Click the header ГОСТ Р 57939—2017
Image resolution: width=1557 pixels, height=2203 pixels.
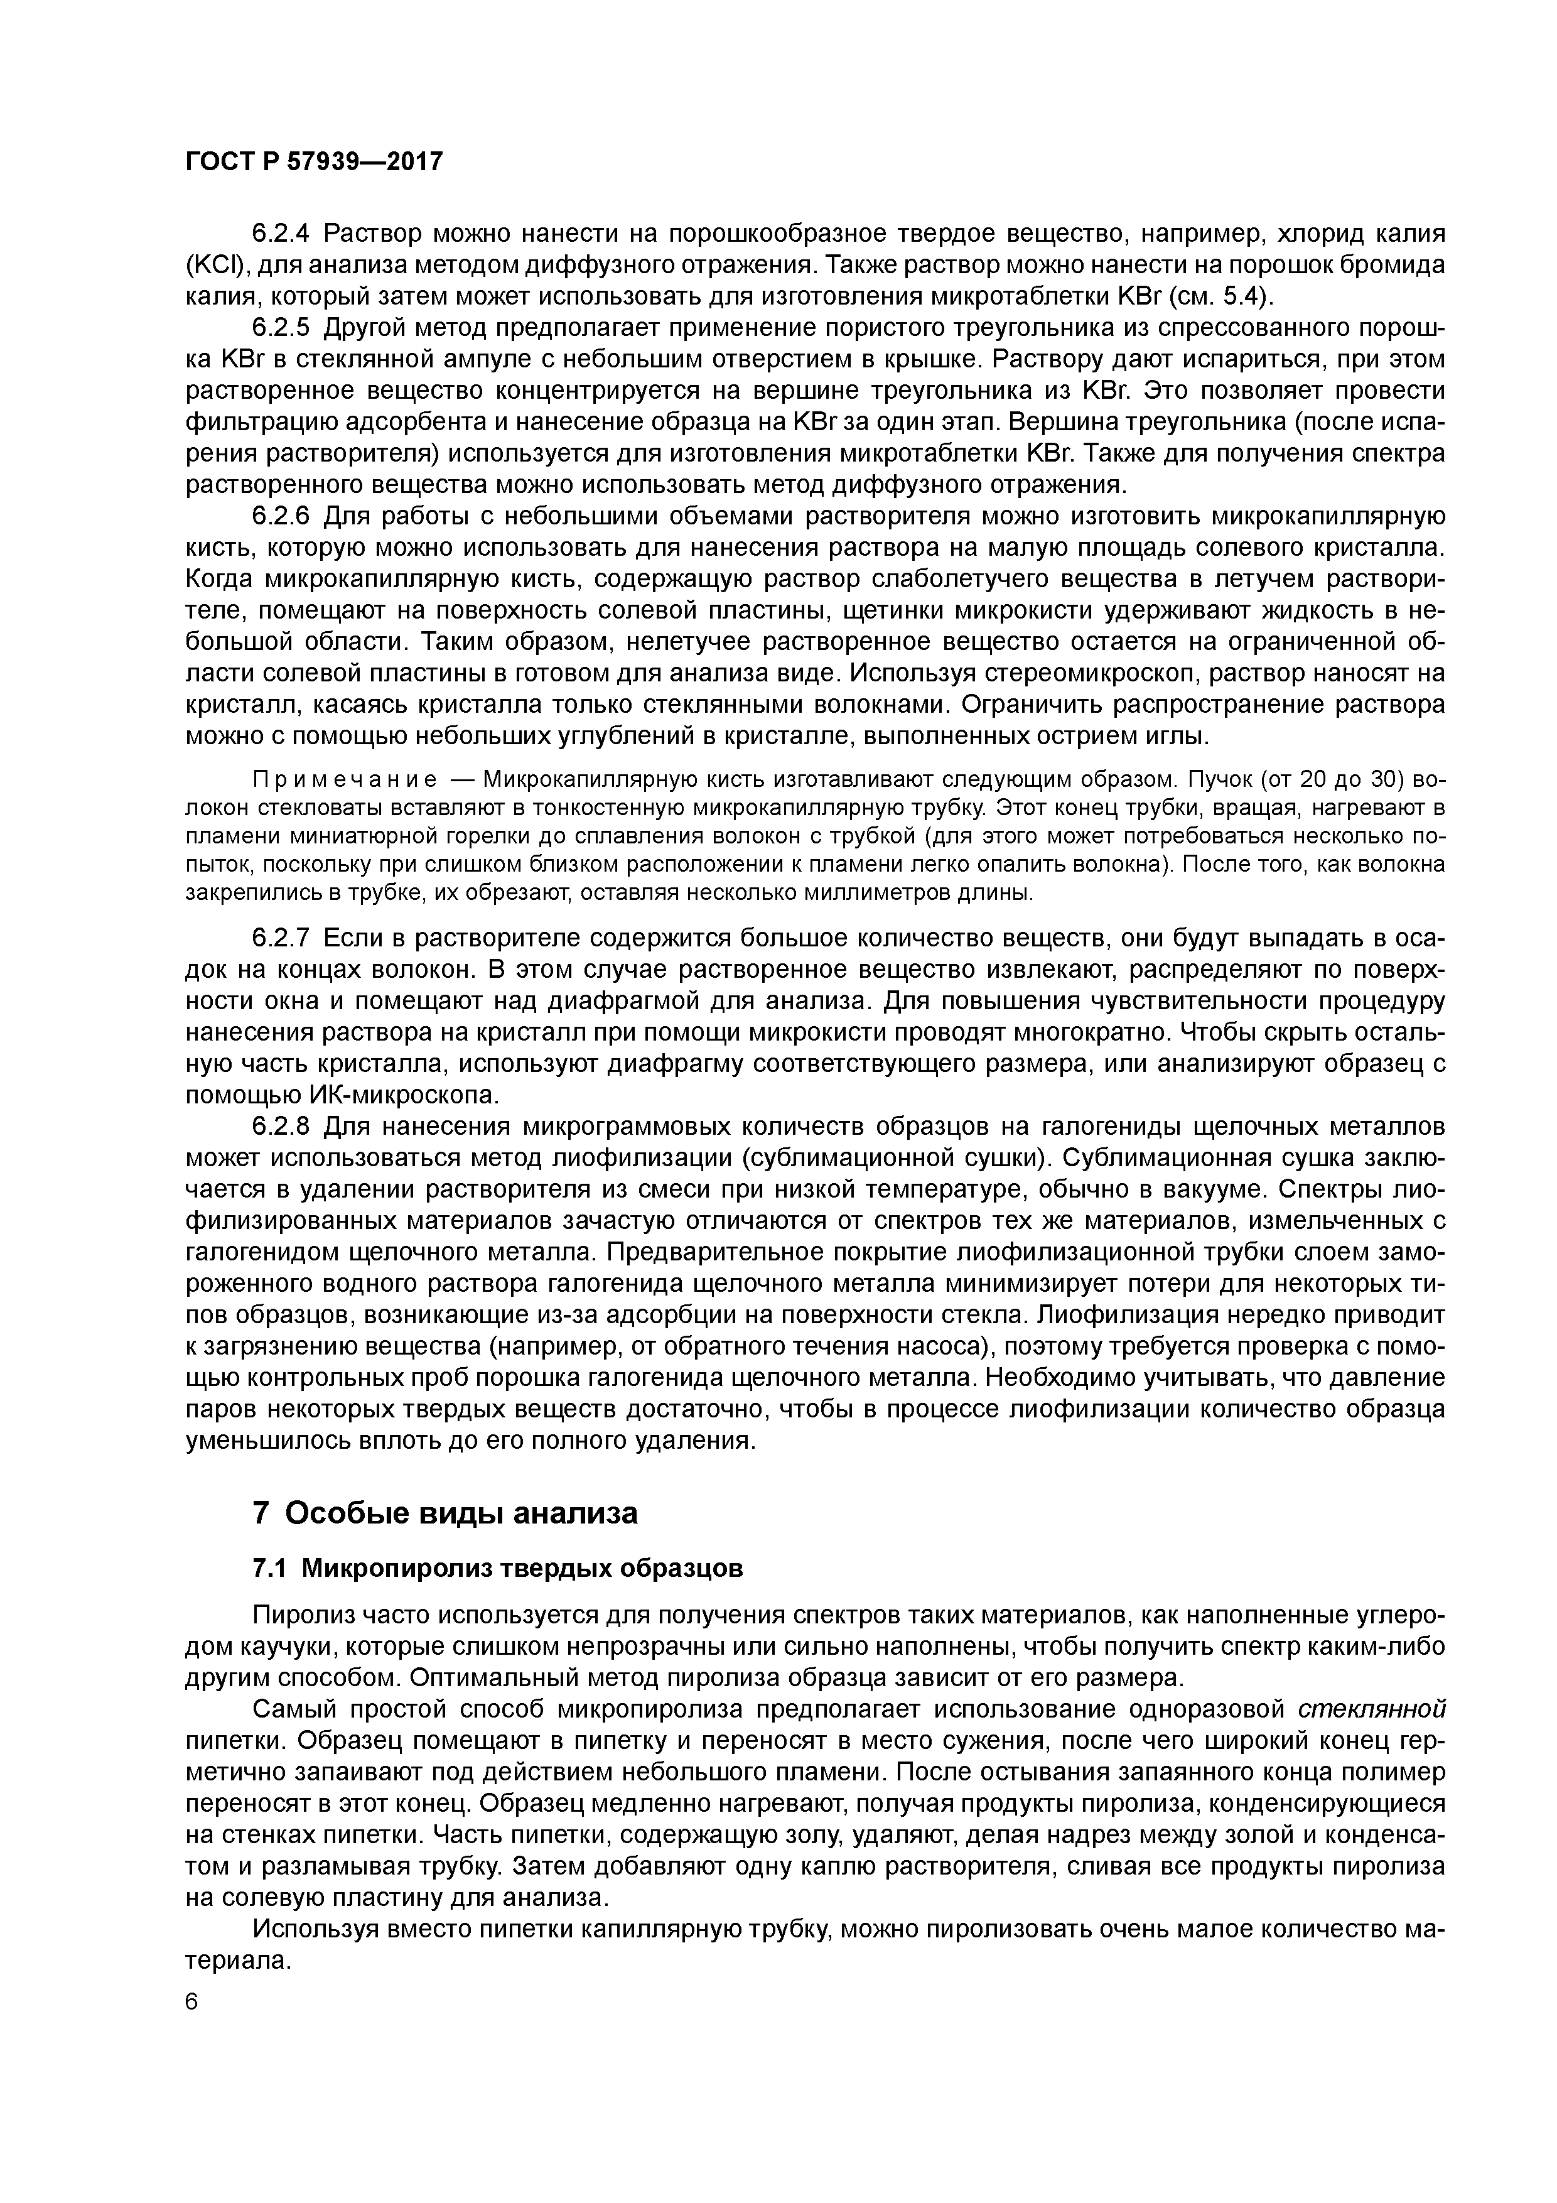click(314, 161)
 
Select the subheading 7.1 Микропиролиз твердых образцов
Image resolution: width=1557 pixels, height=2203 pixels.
click(497, 1568)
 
